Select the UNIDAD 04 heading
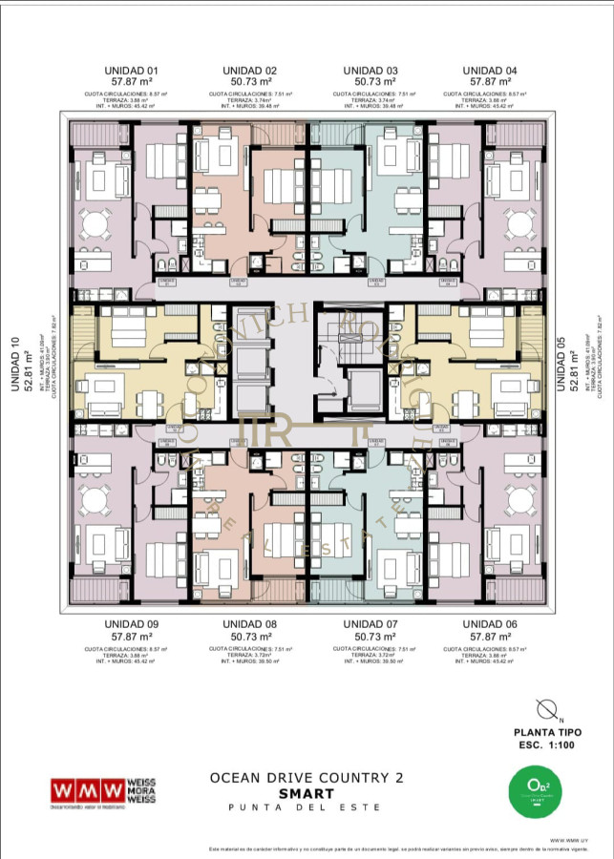click(490, 71)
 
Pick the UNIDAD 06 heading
click(490, 624)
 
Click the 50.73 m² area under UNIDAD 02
click(250, 83)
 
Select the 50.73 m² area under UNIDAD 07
click(370, 637)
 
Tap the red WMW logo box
click(87, 791)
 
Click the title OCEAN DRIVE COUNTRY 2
click(306, 778)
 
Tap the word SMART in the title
click(306, 793)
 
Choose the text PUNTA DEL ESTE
click(306, 807)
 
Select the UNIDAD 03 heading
click(370, 71)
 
